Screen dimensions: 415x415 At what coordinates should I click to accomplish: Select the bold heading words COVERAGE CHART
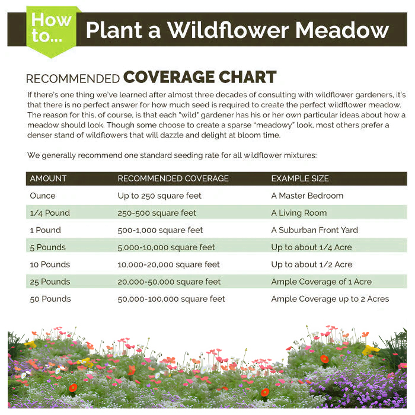(x=200, y=78)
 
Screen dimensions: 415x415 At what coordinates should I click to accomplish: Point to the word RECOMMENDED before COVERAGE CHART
(x=73, y=79)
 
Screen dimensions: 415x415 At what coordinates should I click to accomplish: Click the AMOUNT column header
(x=48, y=178)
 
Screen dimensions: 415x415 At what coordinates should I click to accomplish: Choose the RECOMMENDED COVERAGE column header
(x=173, y=178)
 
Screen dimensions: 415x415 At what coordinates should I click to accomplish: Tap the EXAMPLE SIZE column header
(x=300, y=178)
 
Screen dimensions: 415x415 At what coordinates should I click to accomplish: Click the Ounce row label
(x=43, y=196)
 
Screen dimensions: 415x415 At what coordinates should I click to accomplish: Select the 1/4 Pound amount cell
(x=50, y=213)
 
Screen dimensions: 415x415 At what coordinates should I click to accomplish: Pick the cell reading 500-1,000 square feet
(x=160, y=230)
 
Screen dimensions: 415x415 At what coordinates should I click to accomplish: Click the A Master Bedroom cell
(x=307, y=196)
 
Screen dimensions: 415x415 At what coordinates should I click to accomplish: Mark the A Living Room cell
(x=299, y=213)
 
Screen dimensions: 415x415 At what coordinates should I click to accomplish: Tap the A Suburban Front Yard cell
(x=315, y=230)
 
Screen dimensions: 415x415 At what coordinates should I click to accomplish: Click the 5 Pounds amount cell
(x=48, y=247)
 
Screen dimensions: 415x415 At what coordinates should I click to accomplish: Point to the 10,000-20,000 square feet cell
(x=168, y=264)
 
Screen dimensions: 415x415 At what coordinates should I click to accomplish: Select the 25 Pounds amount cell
(x=50, y=282)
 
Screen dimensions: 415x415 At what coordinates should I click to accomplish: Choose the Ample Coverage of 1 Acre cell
(x=321, y=282)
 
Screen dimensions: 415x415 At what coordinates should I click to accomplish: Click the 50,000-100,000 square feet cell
(x=171, y=299)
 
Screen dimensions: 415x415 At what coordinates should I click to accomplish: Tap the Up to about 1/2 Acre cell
(x=312, y=264)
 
